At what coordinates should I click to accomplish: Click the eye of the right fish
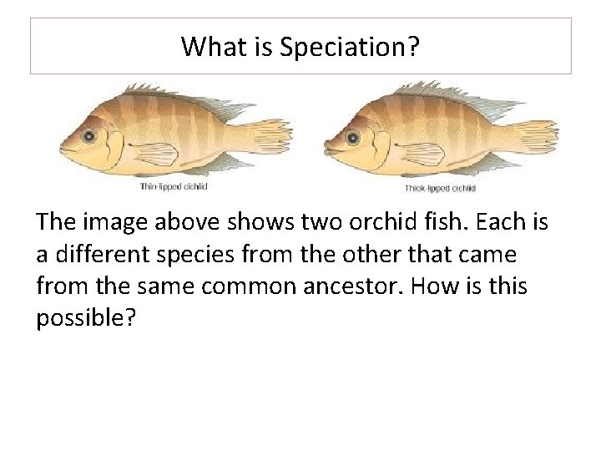(x=353, y=134)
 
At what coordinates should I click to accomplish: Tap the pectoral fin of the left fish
(x=154, y=155)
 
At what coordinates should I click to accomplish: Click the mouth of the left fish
(x=63, y=150)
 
